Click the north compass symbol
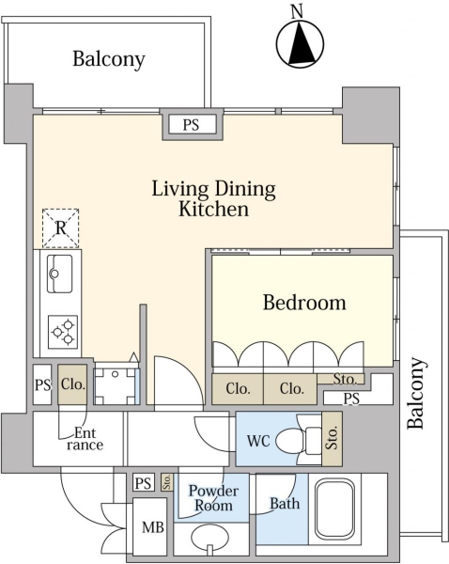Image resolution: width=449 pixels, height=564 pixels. [x=301, y=44]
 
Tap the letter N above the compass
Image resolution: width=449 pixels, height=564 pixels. [x=297, y=12]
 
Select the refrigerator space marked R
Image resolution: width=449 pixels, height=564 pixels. [x=60, y=228]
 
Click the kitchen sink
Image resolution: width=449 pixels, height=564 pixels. [x=60, y=274]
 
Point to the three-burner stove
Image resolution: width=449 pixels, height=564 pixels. [x=63, y=332]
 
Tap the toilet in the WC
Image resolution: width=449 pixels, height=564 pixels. [x=299, y=440]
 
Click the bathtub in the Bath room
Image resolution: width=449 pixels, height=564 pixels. [x=334, y=508]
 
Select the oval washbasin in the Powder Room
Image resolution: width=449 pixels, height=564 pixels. [x=209, y=538]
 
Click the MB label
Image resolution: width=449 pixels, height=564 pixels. [x=153, y=527]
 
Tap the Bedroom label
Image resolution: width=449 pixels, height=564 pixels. [x=304, y=303]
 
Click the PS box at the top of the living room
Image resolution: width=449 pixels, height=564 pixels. [x=191, y=125]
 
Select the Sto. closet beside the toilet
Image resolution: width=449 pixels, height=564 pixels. [x=332, y=438]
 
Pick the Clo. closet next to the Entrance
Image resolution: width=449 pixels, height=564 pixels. [x=72, y=384]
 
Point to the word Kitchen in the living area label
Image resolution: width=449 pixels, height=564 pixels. [x=213, y=209]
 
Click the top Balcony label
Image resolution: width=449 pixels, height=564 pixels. [x=109, y=59]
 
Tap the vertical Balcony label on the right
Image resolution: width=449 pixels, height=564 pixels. [x=416, y=393]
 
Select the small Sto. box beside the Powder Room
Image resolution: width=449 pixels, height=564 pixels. [x=167, y=482]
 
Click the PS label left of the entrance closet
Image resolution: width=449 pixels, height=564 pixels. [x=42, y=385]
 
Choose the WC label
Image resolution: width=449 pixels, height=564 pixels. [x=258, y=441]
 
